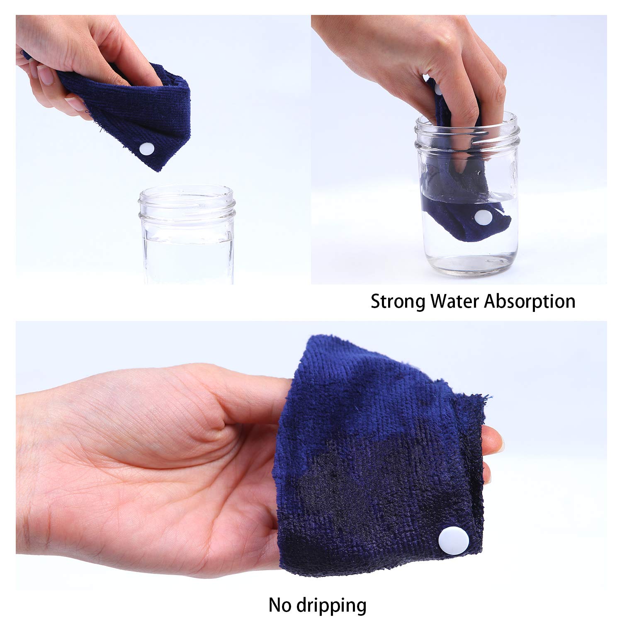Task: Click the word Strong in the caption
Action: [x=398, y=301]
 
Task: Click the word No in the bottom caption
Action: [x=279, y=605]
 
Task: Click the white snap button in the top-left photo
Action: [x=147, y=148]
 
